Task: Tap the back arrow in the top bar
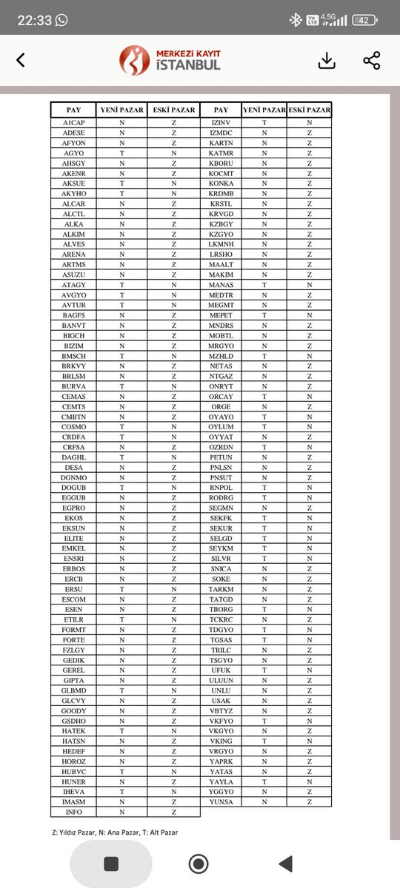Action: [20, 61]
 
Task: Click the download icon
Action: [327, 61]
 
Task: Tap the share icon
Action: [372, 61]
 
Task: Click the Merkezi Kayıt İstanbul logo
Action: [170, 60]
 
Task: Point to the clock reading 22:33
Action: [34, 21]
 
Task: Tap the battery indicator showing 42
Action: [364, 21]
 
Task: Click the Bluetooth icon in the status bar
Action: [294, 21]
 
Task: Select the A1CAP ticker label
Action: [74, 122]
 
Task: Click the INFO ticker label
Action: [74, 812]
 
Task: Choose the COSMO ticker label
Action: [74, 426]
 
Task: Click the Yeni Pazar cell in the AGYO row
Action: [121, 152]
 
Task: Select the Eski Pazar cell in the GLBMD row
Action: [174, 690]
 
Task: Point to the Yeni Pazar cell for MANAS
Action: [264, 285]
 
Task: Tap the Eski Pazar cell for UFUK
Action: [310, 670]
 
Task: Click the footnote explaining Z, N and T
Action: [115, 832]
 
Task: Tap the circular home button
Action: [198, 864]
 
